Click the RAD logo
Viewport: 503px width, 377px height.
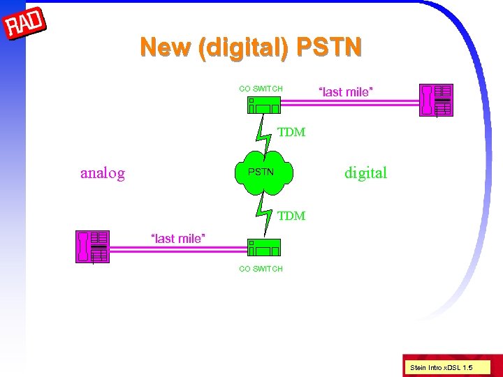(x=24, y=24)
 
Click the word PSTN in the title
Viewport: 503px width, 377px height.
(x=329, y=47)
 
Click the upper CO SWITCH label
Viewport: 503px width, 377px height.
(x=261, y=89)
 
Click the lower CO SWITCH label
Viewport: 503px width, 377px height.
(x=261, y=269)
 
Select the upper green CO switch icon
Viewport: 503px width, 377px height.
(x=263, y=105)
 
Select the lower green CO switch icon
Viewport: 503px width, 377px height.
(x=263, y=247)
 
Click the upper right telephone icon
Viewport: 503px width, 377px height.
(x=435, y=99)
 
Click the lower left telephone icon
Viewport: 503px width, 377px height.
(x=92, y=246)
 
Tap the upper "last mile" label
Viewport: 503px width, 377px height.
(x=346, y=91)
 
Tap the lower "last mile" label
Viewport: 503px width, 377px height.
(x=178, y=239)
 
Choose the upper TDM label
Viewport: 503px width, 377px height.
(x=291, y=132)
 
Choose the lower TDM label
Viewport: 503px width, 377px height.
(x=291, y=216)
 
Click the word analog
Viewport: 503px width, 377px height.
(x=103, y=173)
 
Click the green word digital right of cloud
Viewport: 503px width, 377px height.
(x=365, y=173)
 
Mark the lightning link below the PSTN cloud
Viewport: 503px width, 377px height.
(x=265, y=213)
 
